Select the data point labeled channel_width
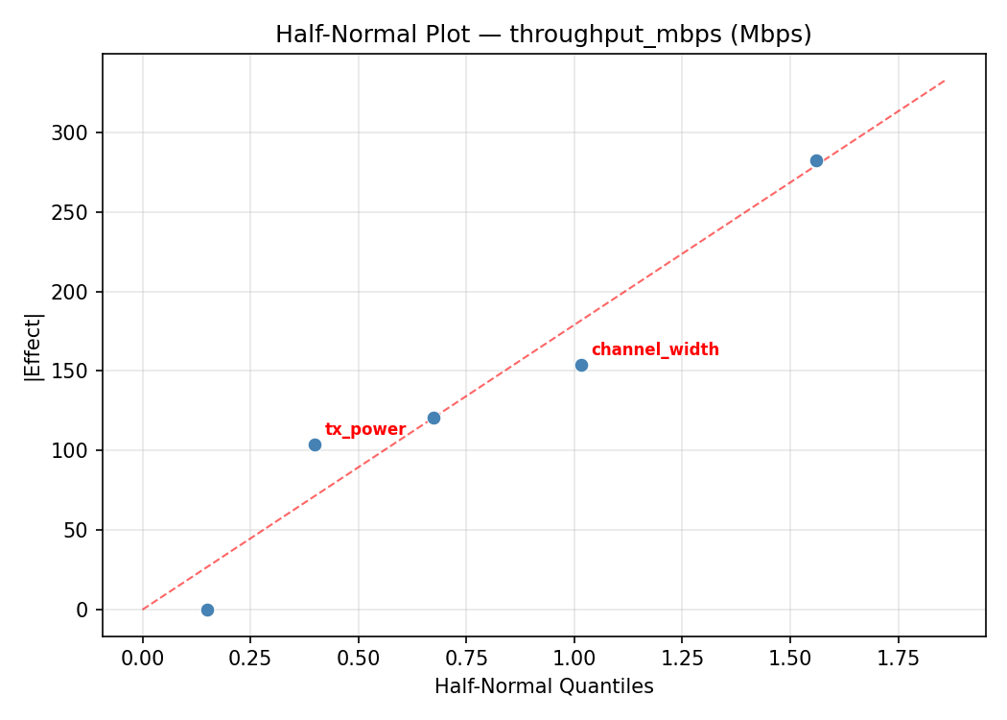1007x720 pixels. (x=581, y=365)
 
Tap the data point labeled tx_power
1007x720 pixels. (x=315, y=444)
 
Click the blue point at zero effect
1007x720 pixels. (x=207, y=610)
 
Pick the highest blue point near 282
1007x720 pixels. (x=816, y=160)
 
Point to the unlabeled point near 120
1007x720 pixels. (x=433, y=418)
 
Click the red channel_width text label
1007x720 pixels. (x=655, y=350)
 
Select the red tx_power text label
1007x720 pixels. (x=365, y=429)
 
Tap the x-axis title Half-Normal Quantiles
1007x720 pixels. (x=544, y=686)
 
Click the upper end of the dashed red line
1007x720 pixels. (x=945, y=81)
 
